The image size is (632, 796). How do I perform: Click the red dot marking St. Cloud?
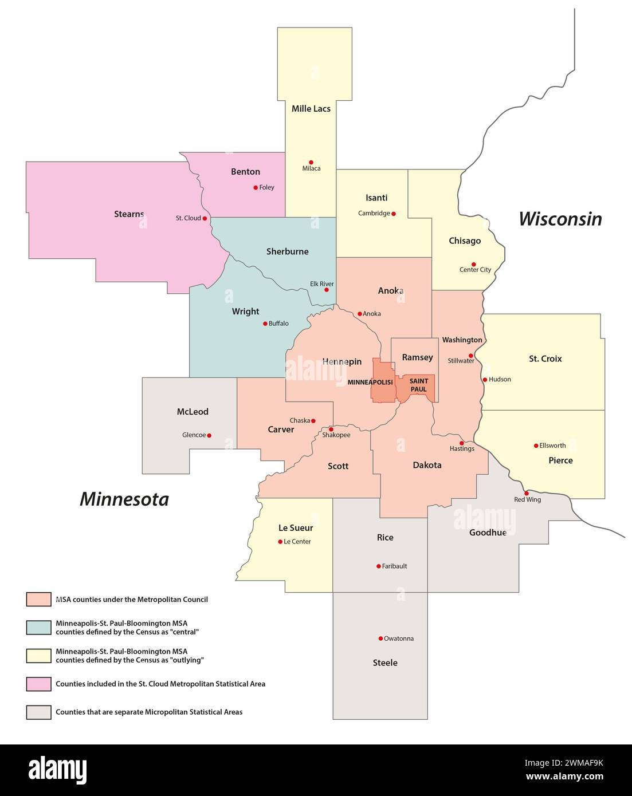tap(205, 218)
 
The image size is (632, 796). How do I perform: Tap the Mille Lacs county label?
tap(311, 109)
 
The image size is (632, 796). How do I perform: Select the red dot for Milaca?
tap(311, 162)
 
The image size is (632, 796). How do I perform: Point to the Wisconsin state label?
tap(560, 219)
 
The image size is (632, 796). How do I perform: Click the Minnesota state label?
tap(124, 499)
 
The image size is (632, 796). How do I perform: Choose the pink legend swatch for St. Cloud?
tap(39, 684)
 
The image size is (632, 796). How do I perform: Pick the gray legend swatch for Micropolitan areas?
tap(39, 712)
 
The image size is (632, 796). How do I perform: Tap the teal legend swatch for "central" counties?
tap(39, 627)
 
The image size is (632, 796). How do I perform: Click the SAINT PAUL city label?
tap(419, 385)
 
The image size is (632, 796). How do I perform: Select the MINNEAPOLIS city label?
tap(370, 382)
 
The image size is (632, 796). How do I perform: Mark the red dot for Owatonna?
tap(380, 639)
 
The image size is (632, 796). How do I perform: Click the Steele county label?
tap(385, 663)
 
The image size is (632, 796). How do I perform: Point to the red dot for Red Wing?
tap(526, 493)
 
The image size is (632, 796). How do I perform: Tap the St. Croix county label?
tap(545, 359)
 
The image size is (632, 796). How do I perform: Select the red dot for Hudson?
tap(485, 380)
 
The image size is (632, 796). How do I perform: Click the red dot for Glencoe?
tap(209, 435)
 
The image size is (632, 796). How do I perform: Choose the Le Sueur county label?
tap(296, 528)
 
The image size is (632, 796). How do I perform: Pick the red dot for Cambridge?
tap(393, 214)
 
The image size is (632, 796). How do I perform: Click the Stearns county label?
tap(129, 214)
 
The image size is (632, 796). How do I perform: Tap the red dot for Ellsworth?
tap(536, 446)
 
